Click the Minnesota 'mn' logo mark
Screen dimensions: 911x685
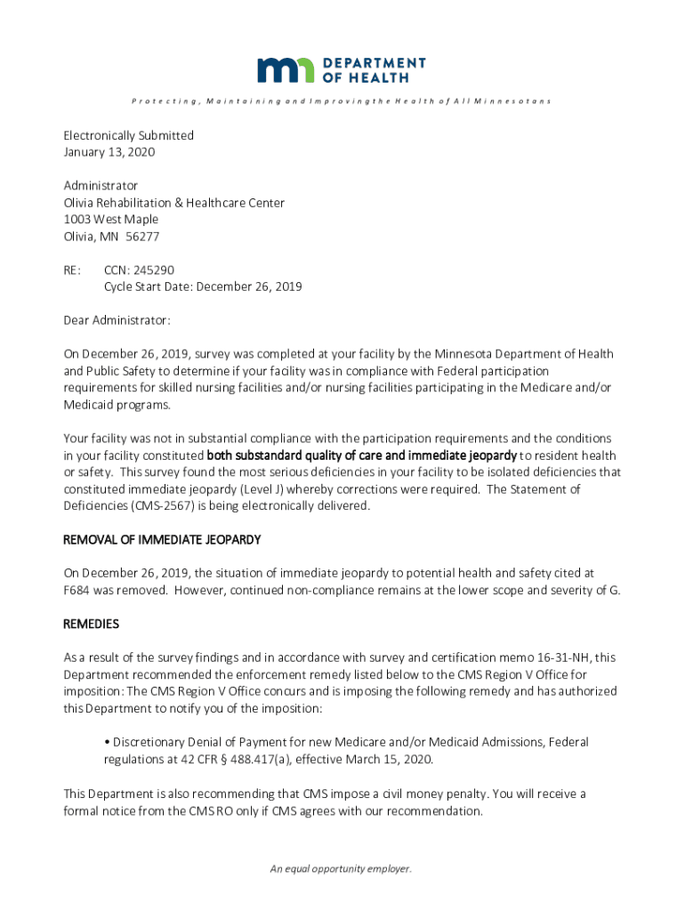[x=286, y=69]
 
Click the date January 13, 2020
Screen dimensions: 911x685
[x=109, y=152]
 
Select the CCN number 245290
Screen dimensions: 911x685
[x=166, y=270]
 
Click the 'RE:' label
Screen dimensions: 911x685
[x=72, y=270]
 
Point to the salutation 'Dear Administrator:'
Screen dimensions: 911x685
[x=117, y=319]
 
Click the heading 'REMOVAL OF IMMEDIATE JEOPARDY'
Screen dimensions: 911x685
[x=162, y=540]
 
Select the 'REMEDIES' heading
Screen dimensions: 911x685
[x=91, y=624]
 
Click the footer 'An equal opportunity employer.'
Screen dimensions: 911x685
[x=342, y=869]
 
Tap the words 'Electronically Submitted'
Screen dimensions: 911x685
[x=128, y=135]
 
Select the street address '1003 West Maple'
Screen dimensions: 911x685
[x=110, y=220]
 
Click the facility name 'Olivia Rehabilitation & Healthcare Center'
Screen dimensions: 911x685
[x=173, y=203]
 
